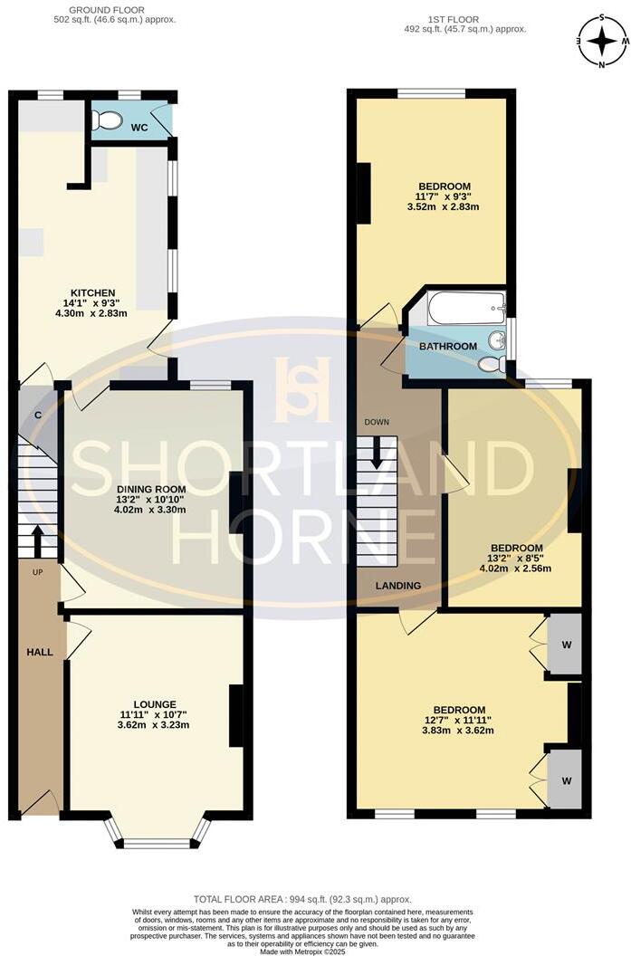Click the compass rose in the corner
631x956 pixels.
601,41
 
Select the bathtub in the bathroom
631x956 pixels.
465,308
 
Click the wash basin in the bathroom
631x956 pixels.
495,341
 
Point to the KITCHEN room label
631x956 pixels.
93,292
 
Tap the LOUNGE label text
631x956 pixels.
155,703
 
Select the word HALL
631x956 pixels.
39,652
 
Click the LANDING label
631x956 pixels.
399,586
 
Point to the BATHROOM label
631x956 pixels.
447,347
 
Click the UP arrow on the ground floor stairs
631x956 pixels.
37,541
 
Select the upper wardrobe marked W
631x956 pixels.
565,645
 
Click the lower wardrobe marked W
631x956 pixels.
565,779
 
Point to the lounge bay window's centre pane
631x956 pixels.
157,844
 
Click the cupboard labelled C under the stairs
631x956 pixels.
37,416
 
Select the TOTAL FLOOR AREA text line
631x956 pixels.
314,899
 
